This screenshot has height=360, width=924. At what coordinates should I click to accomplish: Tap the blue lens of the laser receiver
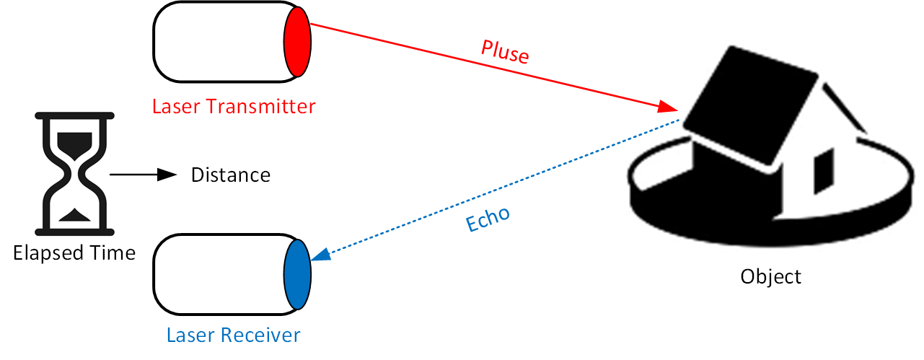coord(296,272)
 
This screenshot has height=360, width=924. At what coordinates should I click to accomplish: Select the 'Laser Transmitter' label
coord(234,107)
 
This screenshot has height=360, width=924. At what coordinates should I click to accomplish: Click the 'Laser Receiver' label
coord(233,335)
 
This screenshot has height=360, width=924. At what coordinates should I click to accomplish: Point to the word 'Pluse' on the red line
coord(505,52)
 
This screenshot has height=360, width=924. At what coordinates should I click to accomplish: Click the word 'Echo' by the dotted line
coord(488,219)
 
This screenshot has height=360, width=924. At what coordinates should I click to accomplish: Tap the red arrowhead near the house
coord(669,108)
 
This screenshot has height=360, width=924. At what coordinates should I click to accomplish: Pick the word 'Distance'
coord(230,175)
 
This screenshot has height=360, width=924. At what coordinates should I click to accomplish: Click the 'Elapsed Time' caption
coord(74,253)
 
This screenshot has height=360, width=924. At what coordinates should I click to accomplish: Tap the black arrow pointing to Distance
coord(144,175)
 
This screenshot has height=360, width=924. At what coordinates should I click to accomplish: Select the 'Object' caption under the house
coord(770,276)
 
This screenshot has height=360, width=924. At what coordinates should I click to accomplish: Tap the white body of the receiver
coord(216,272)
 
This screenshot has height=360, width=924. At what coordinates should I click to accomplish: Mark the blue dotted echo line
coord(505,186)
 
